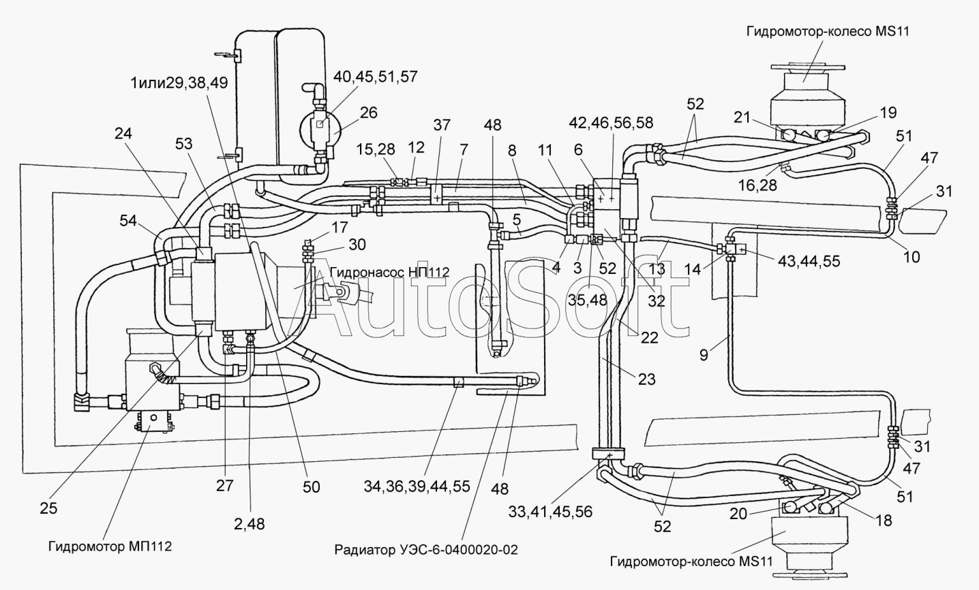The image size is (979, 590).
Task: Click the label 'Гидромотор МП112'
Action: pyautogui.click(x=110, y=546)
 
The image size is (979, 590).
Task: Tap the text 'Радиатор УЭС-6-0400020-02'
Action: pyautogui.click(x=426, y=549)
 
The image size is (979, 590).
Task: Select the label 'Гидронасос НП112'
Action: pyautogui.click(x=390, y=272)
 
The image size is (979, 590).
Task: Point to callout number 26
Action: pyautogui.click(x=368, y=112)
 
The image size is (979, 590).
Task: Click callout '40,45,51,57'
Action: pyautogui.click(x=376, y=77)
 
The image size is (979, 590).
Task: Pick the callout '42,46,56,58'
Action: pyautogui.click(x=611, y=123)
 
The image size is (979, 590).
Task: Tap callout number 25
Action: pyautogui.click(x=48, y=508)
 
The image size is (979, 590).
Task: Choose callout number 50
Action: pyautogui.click(x=311, y=486)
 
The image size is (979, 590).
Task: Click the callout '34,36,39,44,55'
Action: pyautogui.click(x=417, y=486)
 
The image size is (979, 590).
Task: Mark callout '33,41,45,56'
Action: pyautogui.click(x=550, y=512)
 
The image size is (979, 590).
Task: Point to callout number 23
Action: pyautogui.click(x=647, y=379)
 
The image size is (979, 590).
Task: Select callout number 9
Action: pyautogui.click(x=704, y=354)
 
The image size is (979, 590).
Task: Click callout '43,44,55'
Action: pyautogui.click(x=809, y=261)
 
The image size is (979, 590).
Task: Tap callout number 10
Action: pyautogui.click(x=912, y=257)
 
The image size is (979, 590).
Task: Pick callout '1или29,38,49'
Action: pyautogui.click(x=179, y=82)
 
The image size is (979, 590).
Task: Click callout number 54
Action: pyautogui.click(x=128, y=221)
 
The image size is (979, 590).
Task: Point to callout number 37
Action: pyautogui.click(x=441, y=125)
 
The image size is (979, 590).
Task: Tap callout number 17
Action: pyautogui.click(x=340, y=227)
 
